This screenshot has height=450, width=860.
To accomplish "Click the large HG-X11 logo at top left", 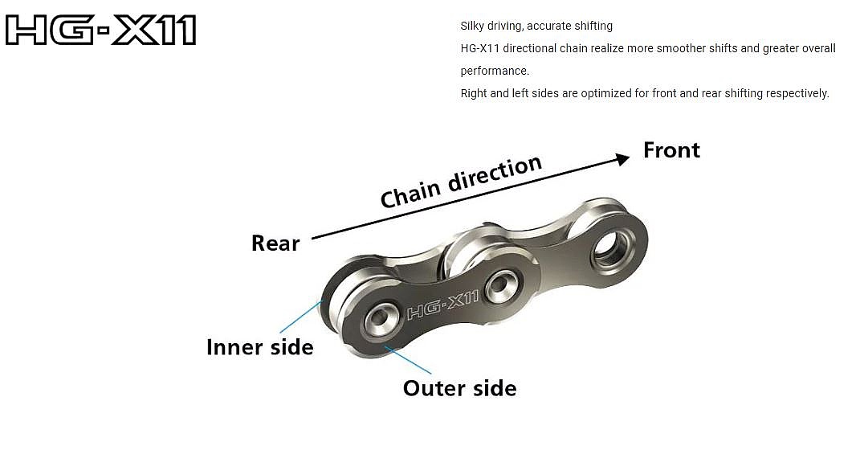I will (x=100, y=31).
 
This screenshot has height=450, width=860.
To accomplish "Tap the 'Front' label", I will (x=671, y=150).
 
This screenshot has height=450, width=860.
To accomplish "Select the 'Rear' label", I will (x=275, y=243).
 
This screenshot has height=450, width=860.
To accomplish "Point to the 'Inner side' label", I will (x=259, y=347).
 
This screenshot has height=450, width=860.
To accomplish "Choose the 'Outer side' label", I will (x=459, y=388).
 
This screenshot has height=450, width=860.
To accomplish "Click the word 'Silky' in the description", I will (x=474, y=27).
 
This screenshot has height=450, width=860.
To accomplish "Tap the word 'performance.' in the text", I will (x=495, y=71).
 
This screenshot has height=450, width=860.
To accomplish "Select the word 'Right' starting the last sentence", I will (x=474, y=93).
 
